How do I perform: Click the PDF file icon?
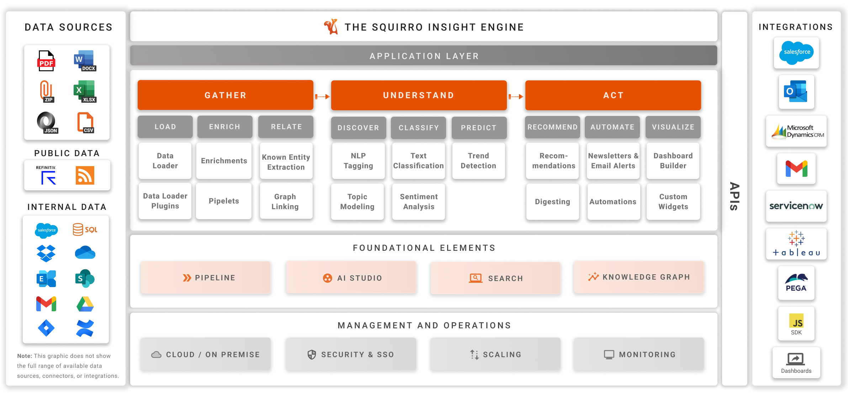pyautogui.click(x=46, y=61)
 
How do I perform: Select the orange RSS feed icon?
pyautogui.click(x=85, y=175)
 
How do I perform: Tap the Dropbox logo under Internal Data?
pyautogui.click(x=46, y=253)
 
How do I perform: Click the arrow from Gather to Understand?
pyautogui.click(x=322, y=96)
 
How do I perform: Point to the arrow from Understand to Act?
pyautogui.click(x=516, y=96)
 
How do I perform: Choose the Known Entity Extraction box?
pyautogui.click(x=286, y=162)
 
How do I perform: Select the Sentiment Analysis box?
pyautogui.click(x=419, y=201)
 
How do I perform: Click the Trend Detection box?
pyautogui.click(x=478, y=160)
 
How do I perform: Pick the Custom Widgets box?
pyautogui.click(x=673, y=201)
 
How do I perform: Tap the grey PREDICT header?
pyautogui.click(x=479, y=127)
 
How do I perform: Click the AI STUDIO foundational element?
pyautogui.click(x=351, y=277)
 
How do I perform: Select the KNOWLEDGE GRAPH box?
pyautogui.click(x=639, y=277)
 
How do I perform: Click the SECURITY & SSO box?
pyautogui.click(x=351, y=354)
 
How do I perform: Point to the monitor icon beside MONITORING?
pyautogui.click(x=609, y=355)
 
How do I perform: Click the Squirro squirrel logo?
pyautogui.click(x=331, y=27)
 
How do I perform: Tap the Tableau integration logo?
pyautogui.click(x=796, y=244)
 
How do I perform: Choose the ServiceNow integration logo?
pyautogui.click(x=796, y=206)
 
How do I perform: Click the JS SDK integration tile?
pyautogui.click(x=796, y=324)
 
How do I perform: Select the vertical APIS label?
pyautogui.click(x=735, y=196)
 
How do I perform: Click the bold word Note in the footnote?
pyautogui.click(x=25, y=356)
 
